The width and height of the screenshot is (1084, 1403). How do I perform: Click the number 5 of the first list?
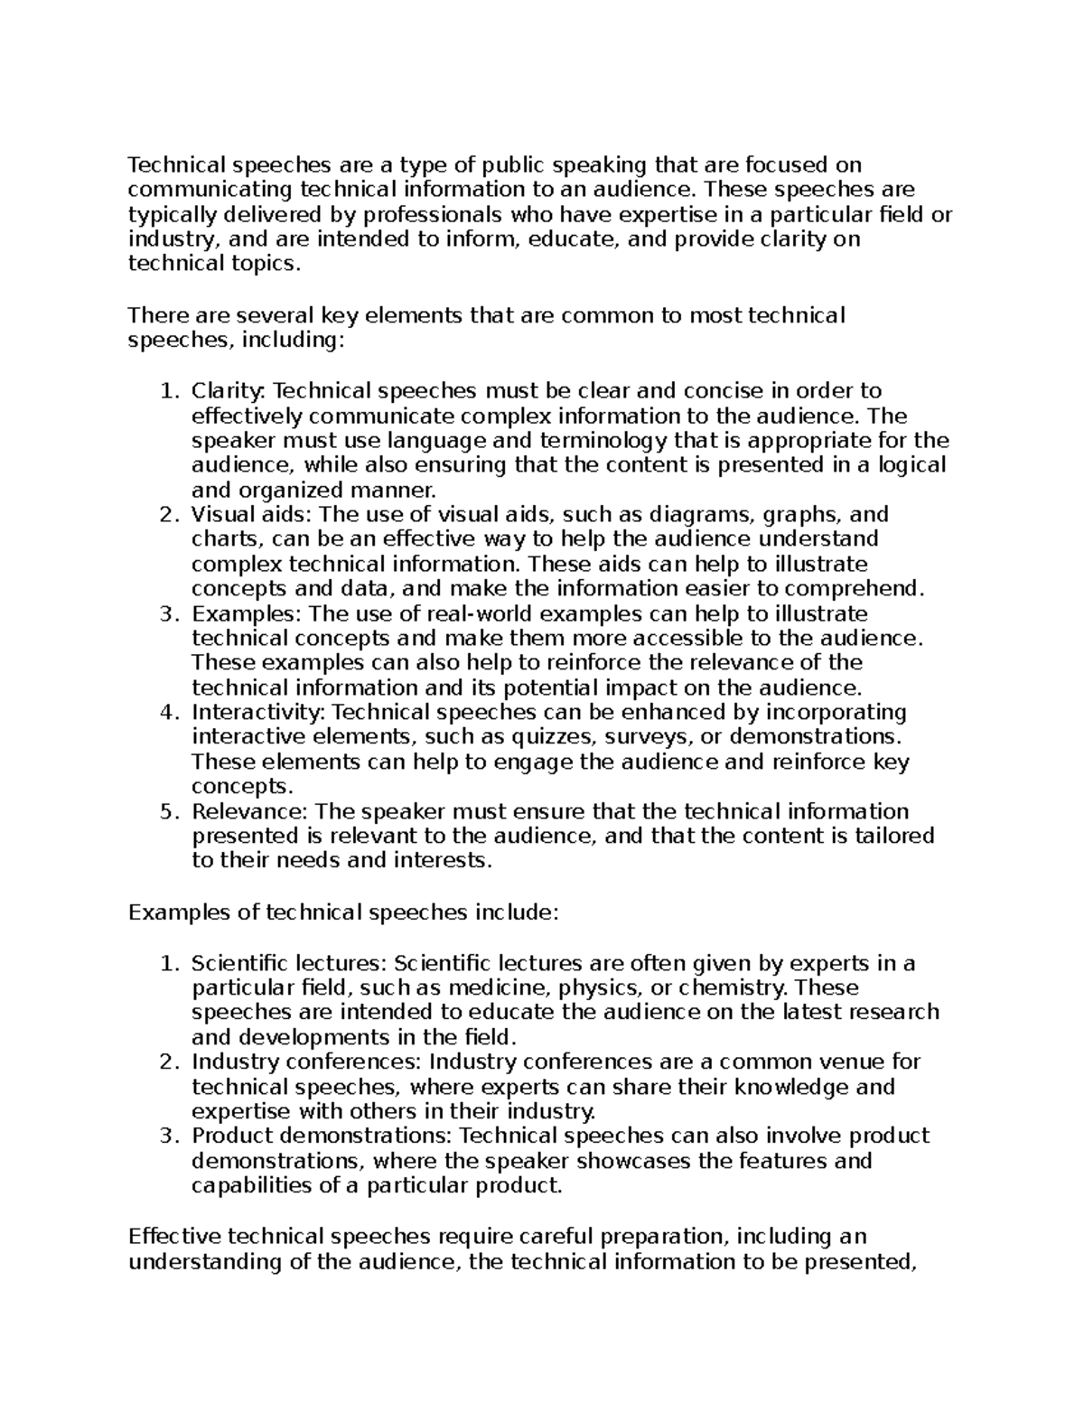click(x=166, y=811)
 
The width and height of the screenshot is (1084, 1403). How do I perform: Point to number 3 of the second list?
click(x=166, y=1136)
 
